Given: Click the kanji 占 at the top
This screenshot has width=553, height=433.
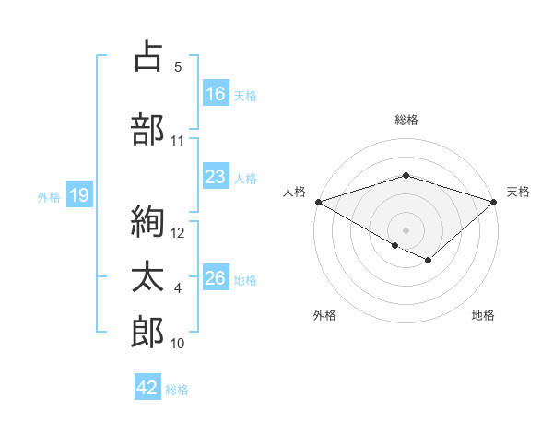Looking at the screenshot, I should coord(147,56).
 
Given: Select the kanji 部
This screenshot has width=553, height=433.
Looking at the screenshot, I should coord(147,130).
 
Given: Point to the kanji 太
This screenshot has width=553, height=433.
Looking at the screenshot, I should coord(147,279).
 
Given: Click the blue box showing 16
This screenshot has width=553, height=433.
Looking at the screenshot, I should coord(216,94).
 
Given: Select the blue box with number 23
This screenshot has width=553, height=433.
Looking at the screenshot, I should coord(216,178).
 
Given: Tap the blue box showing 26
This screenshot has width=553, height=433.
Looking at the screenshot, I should coord(216,279).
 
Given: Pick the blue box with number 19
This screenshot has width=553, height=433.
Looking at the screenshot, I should coord(78,195).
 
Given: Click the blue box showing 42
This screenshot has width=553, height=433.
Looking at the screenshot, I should coord(147,388).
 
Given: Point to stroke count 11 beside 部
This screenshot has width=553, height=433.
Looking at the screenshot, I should coord(178,141).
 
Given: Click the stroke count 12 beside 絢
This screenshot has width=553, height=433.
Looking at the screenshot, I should coord(178,233).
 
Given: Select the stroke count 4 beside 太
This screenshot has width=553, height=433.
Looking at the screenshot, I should coord(178,289).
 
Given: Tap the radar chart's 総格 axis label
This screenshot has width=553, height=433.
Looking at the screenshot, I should coord(406,120).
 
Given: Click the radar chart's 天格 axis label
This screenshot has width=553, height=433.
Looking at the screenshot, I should coord(519,192).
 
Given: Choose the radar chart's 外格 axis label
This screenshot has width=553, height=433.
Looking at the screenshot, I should coord(324,315).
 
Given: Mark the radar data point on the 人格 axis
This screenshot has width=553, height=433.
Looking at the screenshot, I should coord(318,201).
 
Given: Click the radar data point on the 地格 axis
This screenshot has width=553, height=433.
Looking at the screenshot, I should coord(429,261).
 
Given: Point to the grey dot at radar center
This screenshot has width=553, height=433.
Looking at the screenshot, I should coord(406,229).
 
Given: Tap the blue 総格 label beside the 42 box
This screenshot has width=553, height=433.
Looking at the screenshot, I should coord(177,390).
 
